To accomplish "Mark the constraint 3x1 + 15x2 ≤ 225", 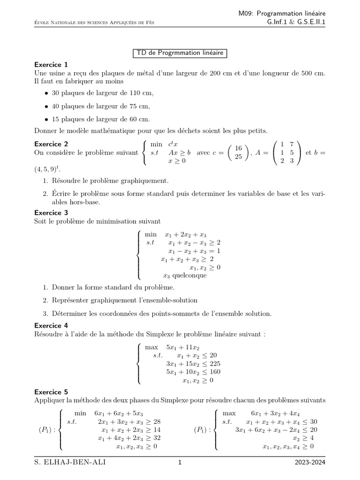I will (193, 364).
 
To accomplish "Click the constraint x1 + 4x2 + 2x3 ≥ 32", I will (127, 438).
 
